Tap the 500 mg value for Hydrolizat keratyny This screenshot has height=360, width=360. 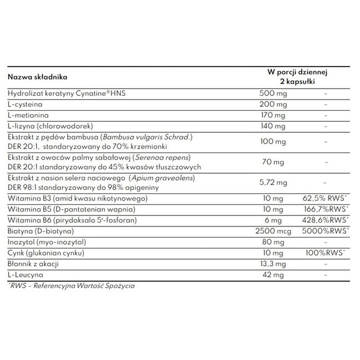(272, 94)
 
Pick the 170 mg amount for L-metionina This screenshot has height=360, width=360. (272, 115)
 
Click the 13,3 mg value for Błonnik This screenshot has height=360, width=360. (272, 264)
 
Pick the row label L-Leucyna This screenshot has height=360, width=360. (24, 275)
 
